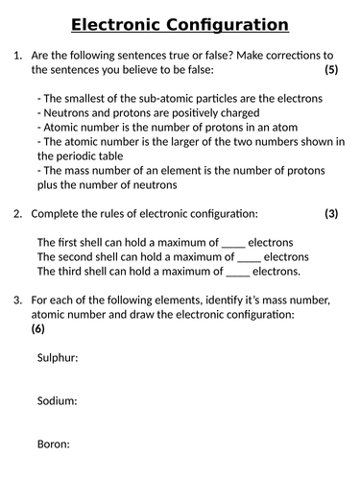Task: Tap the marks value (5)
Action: [x=331, y=70]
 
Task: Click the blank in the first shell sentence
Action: [x=233, y=243]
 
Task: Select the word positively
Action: [x=199, y=113]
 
